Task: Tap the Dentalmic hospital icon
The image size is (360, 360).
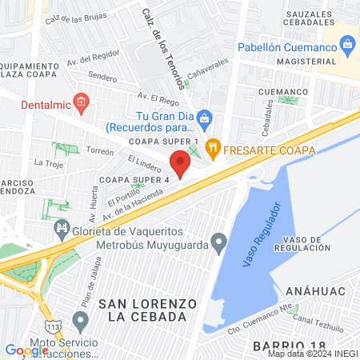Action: (80, 101)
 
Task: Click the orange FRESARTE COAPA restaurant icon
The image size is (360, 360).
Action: (212, 146)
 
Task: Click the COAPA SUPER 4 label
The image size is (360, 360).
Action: (133, 179)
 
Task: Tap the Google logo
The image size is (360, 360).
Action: (26, 350)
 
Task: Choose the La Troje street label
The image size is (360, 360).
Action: (49, 162)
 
